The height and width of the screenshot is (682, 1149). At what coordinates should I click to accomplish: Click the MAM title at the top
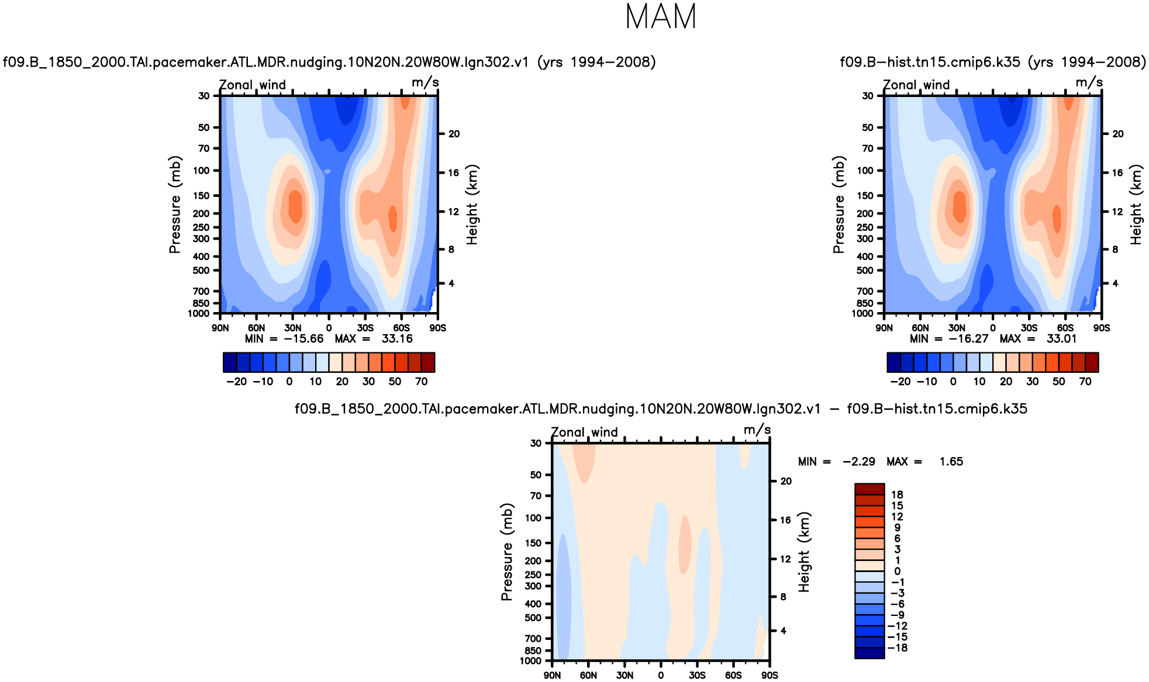(661, 17)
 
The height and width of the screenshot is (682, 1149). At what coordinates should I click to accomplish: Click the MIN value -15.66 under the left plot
(303, 339)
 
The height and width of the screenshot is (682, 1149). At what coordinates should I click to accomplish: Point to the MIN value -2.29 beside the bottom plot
(858, 462)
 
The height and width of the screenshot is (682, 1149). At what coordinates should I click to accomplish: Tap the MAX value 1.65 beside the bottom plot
(951, 462)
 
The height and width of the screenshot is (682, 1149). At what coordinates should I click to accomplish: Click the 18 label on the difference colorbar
(897, 495)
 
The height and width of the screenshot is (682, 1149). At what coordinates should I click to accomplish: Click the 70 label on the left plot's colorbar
(421, 382)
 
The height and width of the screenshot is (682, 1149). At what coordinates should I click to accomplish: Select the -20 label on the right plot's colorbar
(900, 382)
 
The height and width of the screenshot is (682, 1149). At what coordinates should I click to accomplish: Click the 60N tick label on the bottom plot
(588, 676)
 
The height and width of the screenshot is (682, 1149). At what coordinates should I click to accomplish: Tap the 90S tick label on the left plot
(437, 328)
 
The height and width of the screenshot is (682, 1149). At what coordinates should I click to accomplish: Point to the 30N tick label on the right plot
(957, 328)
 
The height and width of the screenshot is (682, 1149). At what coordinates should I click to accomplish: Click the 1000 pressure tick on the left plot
(199, 314)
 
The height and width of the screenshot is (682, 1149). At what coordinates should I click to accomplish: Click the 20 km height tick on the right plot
(1117, 134)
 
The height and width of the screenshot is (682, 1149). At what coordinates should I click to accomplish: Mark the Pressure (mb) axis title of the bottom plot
(506, 552)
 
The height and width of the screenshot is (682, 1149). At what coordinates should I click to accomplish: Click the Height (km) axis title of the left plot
(472, 205)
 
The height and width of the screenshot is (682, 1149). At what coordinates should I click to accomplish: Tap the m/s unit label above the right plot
(1089, 82)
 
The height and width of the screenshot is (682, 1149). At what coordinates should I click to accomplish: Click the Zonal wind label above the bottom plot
(584, 432)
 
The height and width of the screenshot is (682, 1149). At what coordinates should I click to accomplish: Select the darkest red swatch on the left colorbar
(428, 362)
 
